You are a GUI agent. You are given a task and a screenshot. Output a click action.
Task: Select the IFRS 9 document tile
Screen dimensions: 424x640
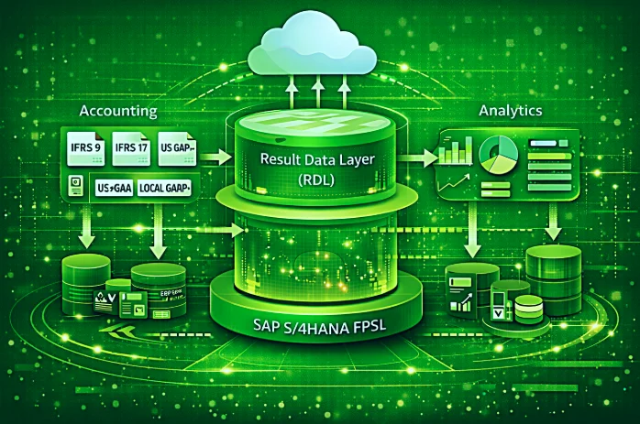83,147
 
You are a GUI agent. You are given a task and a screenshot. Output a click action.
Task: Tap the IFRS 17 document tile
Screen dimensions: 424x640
132,147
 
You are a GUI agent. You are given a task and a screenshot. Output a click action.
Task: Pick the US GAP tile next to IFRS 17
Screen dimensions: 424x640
179,147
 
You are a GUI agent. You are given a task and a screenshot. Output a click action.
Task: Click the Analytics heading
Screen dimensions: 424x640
510,110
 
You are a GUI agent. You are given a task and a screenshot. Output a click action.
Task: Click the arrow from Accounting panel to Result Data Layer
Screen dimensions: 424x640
216,158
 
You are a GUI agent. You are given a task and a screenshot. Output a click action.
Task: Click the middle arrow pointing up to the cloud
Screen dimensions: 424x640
317,91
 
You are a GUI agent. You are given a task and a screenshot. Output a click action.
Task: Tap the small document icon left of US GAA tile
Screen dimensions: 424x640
74,189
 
